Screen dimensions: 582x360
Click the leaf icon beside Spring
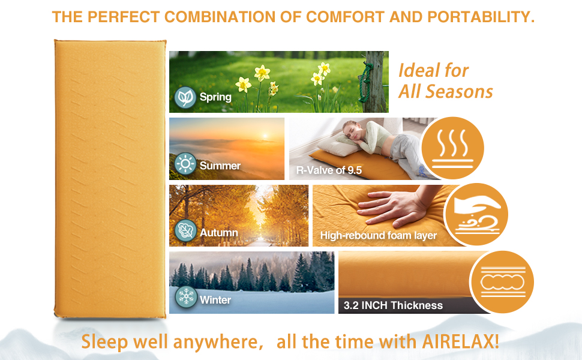(185, 98)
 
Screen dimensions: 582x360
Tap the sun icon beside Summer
(185, 164)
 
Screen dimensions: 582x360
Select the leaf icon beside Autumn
(185, 230)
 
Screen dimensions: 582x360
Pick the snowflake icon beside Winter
(185, 297)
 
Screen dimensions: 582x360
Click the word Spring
(215, 97)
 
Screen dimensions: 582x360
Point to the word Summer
(220, 166)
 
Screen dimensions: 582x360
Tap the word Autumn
(219, 233)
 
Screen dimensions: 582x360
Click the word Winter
(215, 299)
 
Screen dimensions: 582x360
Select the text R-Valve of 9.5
(329, 170)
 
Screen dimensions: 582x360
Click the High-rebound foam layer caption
(378, 235)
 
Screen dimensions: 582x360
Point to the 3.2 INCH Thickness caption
(393, 305)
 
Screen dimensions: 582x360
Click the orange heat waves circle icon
(452, 148)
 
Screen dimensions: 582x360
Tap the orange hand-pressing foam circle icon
(476, 215)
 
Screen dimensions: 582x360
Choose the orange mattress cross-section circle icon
(502, 282)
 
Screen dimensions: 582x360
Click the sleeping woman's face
(351, 130)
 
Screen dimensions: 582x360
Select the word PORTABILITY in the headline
(481, 17)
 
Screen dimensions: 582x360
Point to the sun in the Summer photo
(265, 136)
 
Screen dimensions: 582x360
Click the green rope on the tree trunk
(365, 82)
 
